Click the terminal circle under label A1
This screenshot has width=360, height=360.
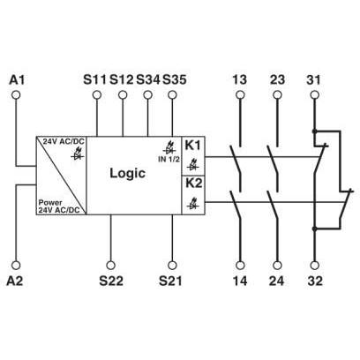click(16, 94)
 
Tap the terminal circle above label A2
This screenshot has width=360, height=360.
click(16, 265)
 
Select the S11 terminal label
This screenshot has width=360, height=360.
click(94, 79)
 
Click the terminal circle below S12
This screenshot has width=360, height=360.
click(123, 94)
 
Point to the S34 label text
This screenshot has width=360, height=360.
click(148, 79)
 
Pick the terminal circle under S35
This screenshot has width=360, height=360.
click(172, 94)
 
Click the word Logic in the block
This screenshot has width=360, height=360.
click(127, 173)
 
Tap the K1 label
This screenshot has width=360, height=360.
click(193, 145)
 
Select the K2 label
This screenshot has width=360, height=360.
click(193, 183)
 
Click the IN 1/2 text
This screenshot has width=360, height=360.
click(169, 160)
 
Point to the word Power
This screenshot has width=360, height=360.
click(50, 203)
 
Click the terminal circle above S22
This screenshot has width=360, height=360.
click(110, 265)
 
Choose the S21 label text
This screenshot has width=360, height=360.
click(170, 281)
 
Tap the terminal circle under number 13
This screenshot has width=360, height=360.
click(240, 94)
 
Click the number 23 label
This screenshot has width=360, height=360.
click(277, 79)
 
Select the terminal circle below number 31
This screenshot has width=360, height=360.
click(315, 94)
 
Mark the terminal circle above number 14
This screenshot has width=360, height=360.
click(240, 265)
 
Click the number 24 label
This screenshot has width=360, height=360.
click(277, 281)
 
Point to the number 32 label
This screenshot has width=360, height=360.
click(315, 281)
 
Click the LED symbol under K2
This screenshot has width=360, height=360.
click(193, 204)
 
